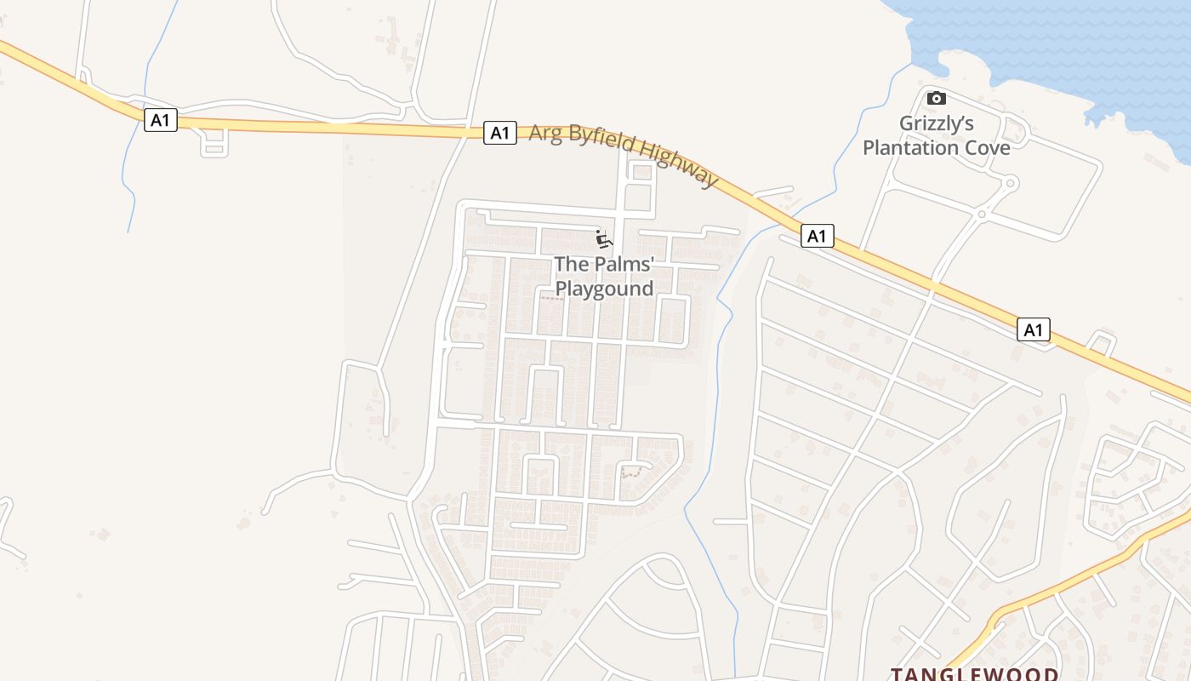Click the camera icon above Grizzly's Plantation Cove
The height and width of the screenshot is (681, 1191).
click(x=936, y=98)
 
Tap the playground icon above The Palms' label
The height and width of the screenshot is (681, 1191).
click(x=603, y=239)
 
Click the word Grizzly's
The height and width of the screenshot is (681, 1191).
click(x=937, y=123)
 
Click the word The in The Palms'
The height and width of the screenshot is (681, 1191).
click(x=569, y=264)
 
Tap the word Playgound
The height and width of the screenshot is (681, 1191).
click(x=604, y=289)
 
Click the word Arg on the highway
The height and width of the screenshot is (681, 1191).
click(x=545, y=134)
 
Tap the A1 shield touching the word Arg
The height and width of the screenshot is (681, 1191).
click(x=500, y=133)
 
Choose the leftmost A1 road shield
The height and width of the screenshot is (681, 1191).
click(x=160, y=120)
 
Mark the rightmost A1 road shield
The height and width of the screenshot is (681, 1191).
click(x=1033, y=329)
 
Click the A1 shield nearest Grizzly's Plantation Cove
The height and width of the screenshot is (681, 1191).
click(x=817, y=236)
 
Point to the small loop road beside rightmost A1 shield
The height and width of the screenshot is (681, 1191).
click(x=1102, y=342)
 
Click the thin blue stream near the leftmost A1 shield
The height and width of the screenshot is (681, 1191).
click(x=129, y=187)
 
